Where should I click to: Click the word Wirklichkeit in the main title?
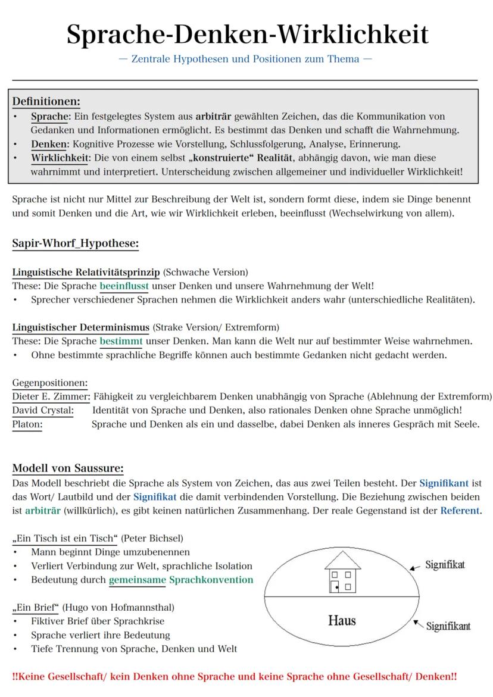point(353,35)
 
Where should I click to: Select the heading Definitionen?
point(46,101)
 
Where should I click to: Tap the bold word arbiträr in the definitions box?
point(213,116)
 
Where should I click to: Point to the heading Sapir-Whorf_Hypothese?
point(75,243)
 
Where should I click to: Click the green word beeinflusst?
point(124,286)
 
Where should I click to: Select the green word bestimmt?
point(121,342)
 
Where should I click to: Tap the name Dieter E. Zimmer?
point(51,396)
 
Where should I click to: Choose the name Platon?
point(27,424)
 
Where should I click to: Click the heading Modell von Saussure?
point(68,468)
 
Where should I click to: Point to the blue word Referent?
point(460,511)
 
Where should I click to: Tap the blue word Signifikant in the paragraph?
point(444,483)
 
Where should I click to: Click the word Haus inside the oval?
point(342,621)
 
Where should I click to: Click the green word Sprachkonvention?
point(211,580)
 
